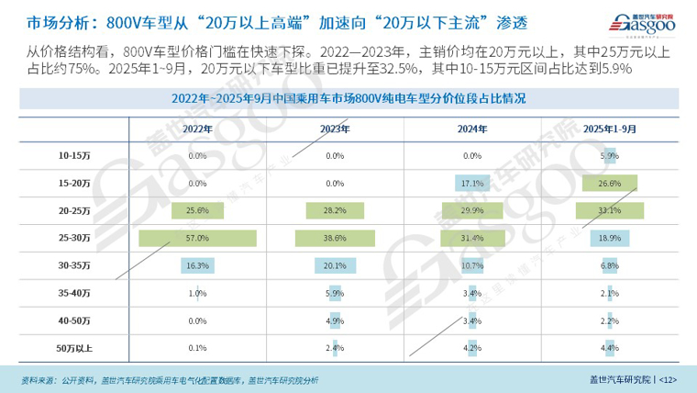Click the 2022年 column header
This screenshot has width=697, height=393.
(x=197, y=129)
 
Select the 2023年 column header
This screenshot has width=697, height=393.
(x=335, y=129)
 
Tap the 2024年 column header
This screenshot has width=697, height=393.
(x=472, y=129)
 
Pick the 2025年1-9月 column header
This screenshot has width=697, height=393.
(x=609, y=129)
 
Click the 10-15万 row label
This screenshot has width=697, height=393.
(x=73, y=156)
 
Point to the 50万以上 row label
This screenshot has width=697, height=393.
(x=73, y=348)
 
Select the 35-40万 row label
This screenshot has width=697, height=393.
(x=73, y=293)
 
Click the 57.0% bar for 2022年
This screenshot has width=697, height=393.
(x=197, y=239)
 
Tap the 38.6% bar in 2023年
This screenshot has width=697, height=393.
(x=335, y=239)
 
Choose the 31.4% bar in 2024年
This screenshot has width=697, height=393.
(x=472, y=239)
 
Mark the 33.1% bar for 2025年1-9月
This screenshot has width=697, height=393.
(x=609, y=211)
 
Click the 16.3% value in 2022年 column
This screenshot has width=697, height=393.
(x=197, y=266)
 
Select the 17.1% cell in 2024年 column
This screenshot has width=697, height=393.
(x=472, y=184)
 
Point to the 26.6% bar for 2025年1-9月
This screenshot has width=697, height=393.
(x=609, y=184)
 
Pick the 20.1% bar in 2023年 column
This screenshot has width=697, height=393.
(x=335, y=266)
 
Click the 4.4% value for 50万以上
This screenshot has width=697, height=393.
(x=609, y=348)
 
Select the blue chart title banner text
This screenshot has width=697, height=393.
(x=348, y=97)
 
